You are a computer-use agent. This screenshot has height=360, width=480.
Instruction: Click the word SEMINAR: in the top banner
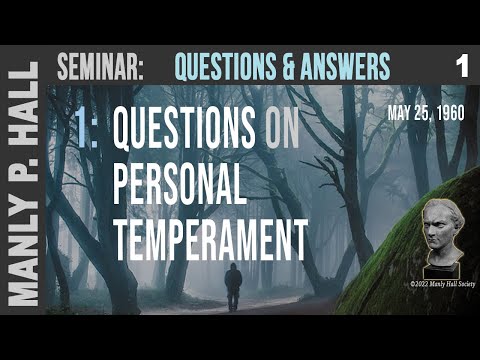point(101,67)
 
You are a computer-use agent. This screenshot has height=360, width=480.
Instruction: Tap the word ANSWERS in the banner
point(338,67)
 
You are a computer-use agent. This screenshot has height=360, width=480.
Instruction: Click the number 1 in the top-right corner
point(461,67)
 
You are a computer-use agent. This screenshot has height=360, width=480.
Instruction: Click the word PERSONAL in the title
point(179,184)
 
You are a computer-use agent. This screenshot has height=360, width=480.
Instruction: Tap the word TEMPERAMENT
point(208,239)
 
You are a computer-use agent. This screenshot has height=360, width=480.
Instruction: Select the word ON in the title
point(283,129)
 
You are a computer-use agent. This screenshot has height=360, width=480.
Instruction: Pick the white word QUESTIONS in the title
point(184,129)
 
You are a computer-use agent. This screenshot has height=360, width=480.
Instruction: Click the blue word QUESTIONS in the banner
point(217,67)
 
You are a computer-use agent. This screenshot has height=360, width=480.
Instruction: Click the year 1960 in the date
point(451,113)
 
